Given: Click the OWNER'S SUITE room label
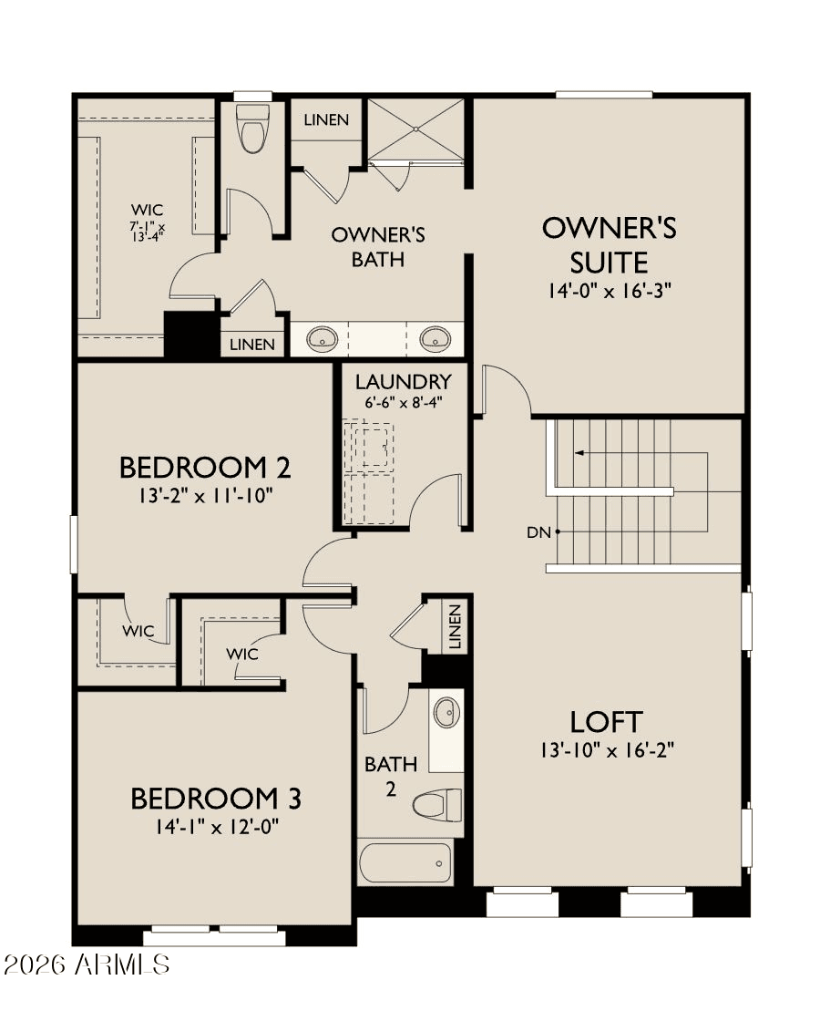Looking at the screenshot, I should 610,244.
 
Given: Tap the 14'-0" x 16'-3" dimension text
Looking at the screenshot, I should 610,292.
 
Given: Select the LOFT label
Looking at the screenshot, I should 607,722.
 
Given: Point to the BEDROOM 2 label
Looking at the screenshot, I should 205,468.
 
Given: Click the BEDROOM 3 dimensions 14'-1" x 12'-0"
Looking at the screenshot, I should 216,827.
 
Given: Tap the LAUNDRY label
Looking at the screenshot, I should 404,381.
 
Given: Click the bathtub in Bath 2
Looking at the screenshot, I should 405,861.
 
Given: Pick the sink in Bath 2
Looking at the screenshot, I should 446,712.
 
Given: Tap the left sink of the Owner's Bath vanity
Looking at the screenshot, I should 322,340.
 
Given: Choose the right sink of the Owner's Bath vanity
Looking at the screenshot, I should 436,340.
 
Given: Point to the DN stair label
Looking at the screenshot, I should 539,532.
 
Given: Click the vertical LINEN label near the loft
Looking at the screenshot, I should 456,626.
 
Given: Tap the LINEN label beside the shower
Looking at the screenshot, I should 326,120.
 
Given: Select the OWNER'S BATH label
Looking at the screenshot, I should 378,247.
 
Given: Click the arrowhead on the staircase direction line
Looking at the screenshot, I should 579,451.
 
